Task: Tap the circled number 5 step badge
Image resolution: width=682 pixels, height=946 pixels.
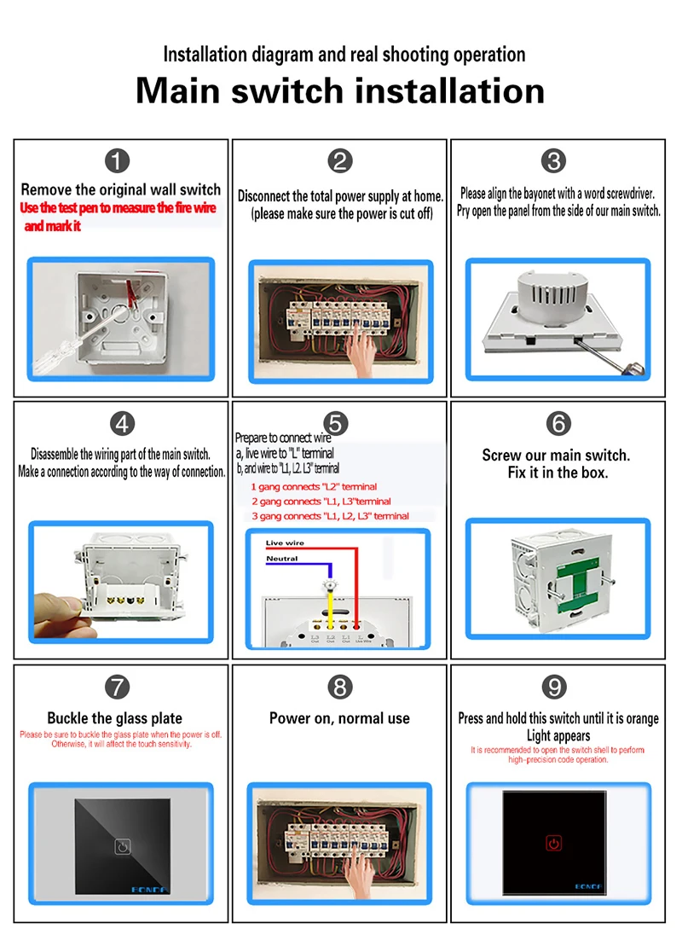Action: pyautogui.click(x=338, y=422)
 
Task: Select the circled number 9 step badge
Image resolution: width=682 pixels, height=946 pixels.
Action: pyautogui.click(x=555, y=685)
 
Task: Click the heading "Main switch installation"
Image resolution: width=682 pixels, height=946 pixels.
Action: pyautogui.click(x=340, y=90)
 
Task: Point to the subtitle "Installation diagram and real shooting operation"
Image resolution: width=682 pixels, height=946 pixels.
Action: pyautogui.click(x=344, y=55)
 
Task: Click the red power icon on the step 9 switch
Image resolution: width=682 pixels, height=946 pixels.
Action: pyautogui.click(x=555, y=844)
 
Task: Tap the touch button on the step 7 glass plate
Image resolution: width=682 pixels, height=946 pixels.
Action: pyautogui.click(x=121, y=849)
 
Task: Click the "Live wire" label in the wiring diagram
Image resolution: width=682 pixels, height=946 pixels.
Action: pyautogui.click(x=285, y=543)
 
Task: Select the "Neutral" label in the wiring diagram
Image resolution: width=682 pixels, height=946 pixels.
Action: pyautogui.click(x=281, y=559)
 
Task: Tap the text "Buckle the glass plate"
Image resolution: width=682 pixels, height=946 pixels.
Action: pyautogui.click(x=114, y=718)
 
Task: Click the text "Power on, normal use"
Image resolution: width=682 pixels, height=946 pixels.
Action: pyautogui.click(x=339, y=718)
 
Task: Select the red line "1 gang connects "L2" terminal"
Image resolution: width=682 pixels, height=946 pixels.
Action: pyautogui.click(x=314, y=487)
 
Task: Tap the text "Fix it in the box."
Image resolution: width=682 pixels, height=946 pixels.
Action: pyautogui.click(x=558, y=473)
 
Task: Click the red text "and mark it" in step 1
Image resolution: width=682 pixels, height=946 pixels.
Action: pyautogui.click(x=53, y=226)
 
